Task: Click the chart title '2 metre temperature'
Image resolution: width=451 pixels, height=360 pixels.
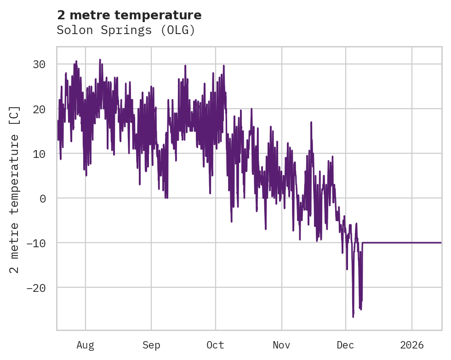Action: tap(129, 15)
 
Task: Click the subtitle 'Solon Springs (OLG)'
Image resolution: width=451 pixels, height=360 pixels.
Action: tap(126, 30)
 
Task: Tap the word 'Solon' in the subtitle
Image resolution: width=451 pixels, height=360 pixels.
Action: tap(70, 30)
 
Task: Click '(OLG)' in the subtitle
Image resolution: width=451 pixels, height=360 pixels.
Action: tap(180, 30)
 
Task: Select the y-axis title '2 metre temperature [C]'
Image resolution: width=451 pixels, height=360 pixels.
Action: tap(15, 189)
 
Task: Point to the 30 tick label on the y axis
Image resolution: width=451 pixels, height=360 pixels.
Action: tap(39, 64)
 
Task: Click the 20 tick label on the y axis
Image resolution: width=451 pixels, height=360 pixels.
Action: tap(39, 109)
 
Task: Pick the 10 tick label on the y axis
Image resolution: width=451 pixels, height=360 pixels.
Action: tap(39, 154)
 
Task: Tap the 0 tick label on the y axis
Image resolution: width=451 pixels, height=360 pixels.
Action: tap(43, 198)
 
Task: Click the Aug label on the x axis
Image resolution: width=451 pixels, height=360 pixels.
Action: tap(86, 345)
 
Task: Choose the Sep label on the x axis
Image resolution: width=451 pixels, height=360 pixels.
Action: tap(151, 345)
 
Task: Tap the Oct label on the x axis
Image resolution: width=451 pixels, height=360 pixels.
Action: tap(215, 345)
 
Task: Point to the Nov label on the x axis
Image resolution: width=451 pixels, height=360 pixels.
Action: tap(281, 345)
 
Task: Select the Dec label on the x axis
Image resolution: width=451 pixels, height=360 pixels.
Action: tap(345, 345)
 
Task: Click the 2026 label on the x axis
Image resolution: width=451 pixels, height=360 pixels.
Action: tap(412, 345)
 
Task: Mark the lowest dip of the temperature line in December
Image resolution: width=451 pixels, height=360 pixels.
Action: tap(353, 317)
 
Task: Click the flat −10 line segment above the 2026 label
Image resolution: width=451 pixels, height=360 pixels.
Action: tap(412, 243)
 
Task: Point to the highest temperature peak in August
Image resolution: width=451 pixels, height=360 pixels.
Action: tap(100, 59)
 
